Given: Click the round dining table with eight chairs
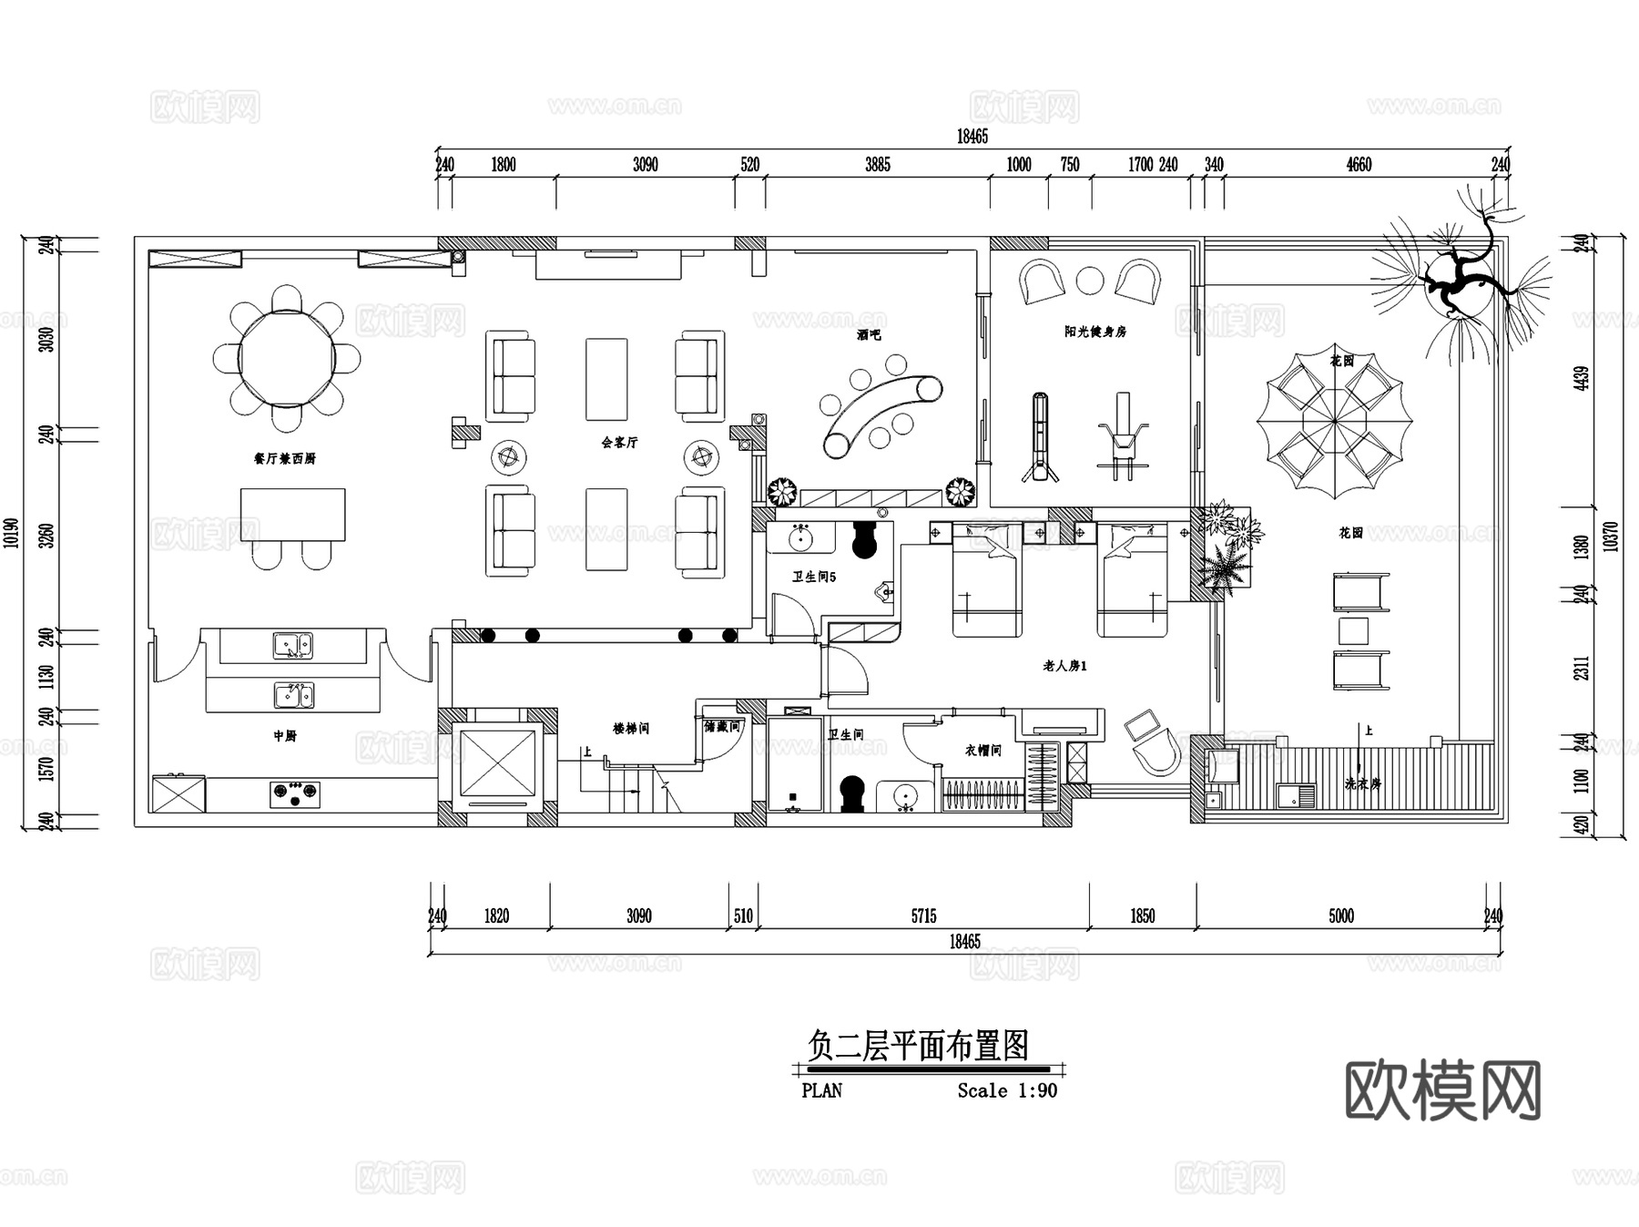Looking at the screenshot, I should pyautogui.click(x=287, y=358).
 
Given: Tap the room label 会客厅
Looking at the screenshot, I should pyautogui.click(x=619, y=442).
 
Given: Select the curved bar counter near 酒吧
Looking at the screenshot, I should pyautogui.click(x=881, y=414).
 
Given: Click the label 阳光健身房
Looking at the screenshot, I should pyautogui.click(x=1095, y=332).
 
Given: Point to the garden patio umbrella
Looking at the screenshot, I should pyautogui.click(x=1334, y=423).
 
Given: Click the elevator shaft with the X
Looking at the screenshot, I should pyautogui.click(x=498, y=763).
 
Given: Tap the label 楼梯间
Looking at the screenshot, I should pyautogui.click(x=631, y=729).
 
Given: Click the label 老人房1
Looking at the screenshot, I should pyautogui.click(x=1064, y=666).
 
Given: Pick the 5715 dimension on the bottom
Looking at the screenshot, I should pyautogui.click(x=923, y=915).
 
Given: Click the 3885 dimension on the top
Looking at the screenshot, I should pyautogui.click(x=877, y=165).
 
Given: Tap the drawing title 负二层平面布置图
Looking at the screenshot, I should pyautogui.click(x=918, y=1046).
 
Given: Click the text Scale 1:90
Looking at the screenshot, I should pyautogui.click(x=1007, y=1090).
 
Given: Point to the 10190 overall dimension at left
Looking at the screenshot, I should pyautogui.click(x=11, y=532).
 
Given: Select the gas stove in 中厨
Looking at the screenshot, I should pyautogui.click(x=295, y=794).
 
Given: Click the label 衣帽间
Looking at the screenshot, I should pyautogui.click(x=982, y=751).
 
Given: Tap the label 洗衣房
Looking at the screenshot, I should pyautogui.click(x=1362, y=783).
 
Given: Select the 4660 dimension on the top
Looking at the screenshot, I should pyautogui.click(x=1358, y=165).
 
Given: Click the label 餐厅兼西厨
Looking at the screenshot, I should pyautogui.click(x=284, y=458).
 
